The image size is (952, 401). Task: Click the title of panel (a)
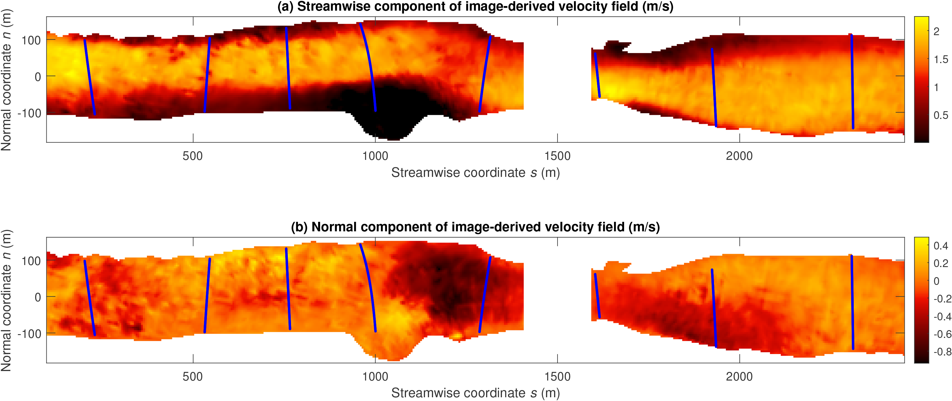tap(475, 7)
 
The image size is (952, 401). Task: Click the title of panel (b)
tap(475, 227)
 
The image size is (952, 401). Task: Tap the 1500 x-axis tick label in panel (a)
tap(557, 156)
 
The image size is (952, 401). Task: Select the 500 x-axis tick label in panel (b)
tap(192, 377)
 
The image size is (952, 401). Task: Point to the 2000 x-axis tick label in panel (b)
tap(739, 377)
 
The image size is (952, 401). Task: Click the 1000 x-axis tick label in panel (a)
tap(375, 156)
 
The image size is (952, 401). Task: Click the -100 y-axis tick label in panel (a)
tap(30, 113)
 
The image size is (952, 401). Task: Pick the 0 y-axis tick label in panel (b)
tap(37, 297)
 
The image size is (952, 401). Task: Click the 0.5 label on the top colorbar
tap(940, 115)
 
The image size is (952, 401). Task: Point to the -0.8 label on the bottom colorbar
tap(942, 351)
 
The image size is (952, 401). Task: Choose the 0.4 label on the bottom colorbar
tap(940, 246)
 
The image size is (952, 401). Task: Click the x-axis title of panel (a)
tap(475, 173)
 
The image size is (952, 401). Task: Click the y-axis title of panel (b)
tap(7, 300)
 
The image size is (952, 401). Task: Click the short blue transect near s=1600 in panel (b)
tap(597, 296)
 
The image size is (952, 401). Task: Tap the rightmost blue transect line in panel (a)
tap(852, 81)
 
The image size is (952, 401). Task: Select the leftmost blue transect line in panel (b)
tap(90, 298)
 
